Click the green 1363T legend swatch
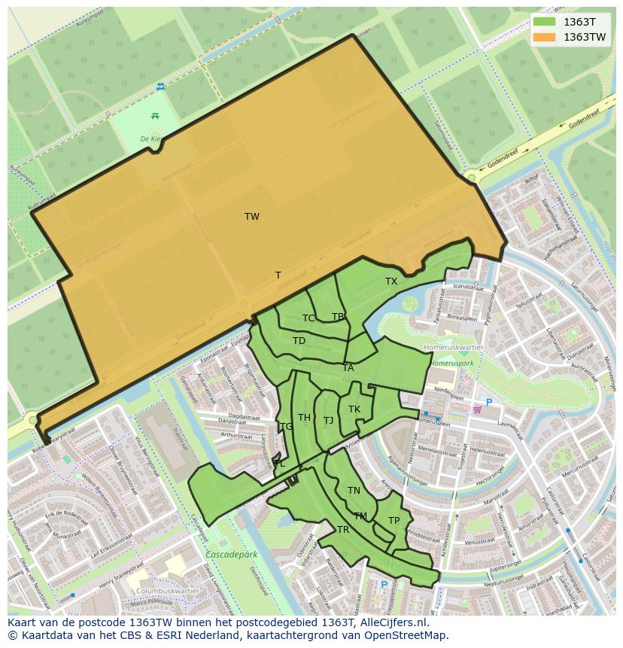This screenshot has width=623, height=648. (545, 22)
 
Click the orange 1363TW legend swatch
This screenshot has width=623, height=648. (545, 37)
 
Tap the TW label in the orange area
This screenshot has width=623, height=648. (252, 217)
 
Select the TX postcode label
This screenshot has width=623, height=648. (391, 281)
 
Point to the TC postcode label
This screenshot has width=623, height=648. (308, 318)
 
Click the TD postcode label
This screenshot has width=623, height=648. (299, 341)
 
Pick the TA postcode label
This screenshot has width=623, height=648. (348, 368)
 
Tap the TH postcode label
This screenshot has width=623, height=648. (304, 418)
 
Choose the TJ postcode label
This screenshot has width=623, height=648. (328, 421)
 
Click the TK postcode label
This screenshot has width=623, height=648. (354, 409)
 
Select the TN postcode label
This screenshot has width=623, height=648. (354, 491)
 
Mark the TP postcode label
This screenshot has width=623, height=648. (394, 521)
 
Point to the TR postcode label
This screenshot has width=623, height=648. (343, 530)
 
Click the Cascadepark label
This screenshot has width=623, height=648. (231, 555)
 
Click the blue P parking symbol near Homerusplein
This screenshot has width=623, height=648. (488, 403)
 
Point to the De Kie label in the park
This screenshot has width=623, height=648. (150, 139)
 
